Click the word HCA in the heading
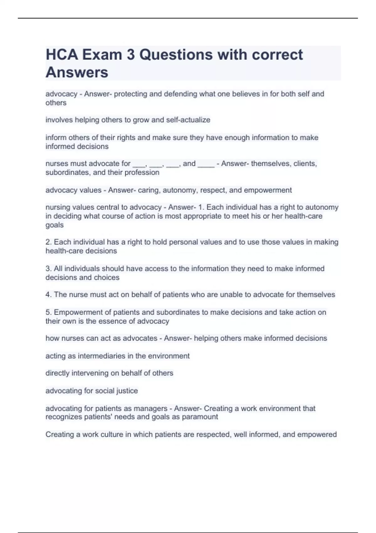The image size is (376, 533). point(62,55)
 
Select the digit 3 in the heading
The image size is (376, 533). point(131,55)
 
